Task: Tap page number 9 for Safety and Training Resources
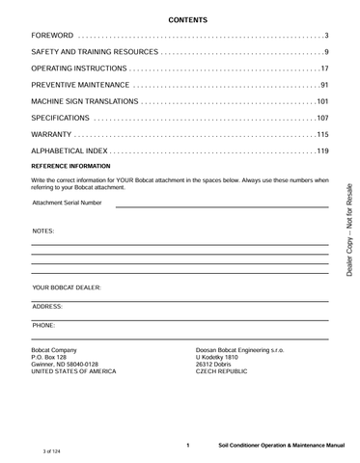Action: click(326, 52)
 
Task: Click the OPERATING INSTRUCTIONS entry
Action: click(79, 68)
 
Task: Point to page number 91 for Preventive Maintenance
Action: click(323, 85)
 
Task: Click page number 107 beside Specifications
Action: click(321, 118)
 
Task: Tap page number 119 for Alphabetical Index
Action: click(321, 150)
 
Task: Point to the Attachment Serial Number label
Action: click(67, 204)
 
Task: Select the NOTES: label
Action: click(43, 232)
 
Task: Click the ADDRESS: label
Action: click(47, 306)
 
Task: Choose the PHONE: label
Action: click(43, 326)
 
